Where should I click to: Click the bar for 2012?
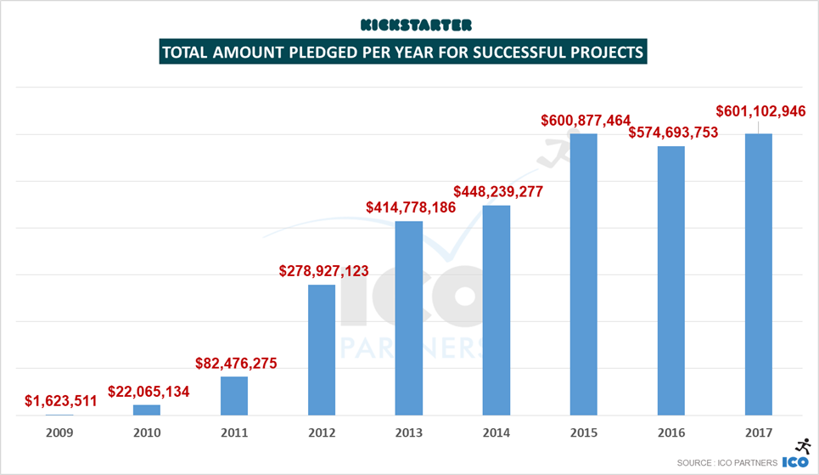[321, 349]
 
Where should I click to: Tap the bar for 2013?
[409, 318]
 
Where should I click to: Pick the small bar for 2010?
[147, 410]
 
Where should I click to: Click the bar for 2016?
[670, 280]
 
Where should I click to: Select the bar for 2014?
[496, 310]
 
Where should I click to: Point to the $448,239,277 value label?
[497, 190]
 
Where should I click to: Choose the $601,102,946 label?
[759, 111]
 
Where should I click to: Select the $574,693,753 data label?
[670, 133]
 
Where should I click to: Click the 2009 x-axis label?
[59, 433]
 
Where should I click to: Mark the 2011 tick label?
[234, 433]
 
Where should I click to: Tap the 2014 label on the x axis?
[496, 433]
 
